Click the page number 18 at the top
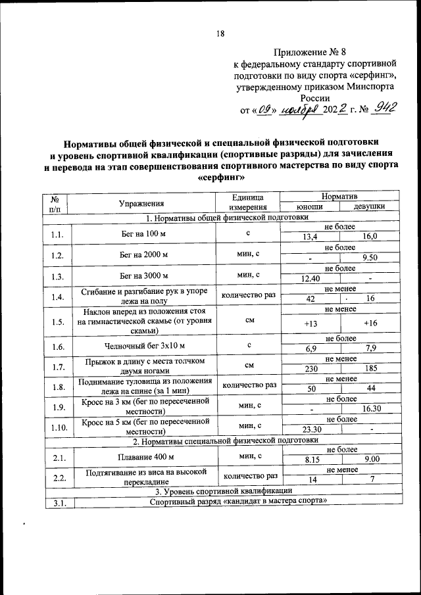point(222,34)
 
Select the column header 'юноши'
point(310,207)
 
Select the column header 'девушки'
point(369,207)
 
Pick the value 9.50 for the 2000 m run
point(369,258)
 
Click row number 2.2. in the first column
point(57,476)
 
